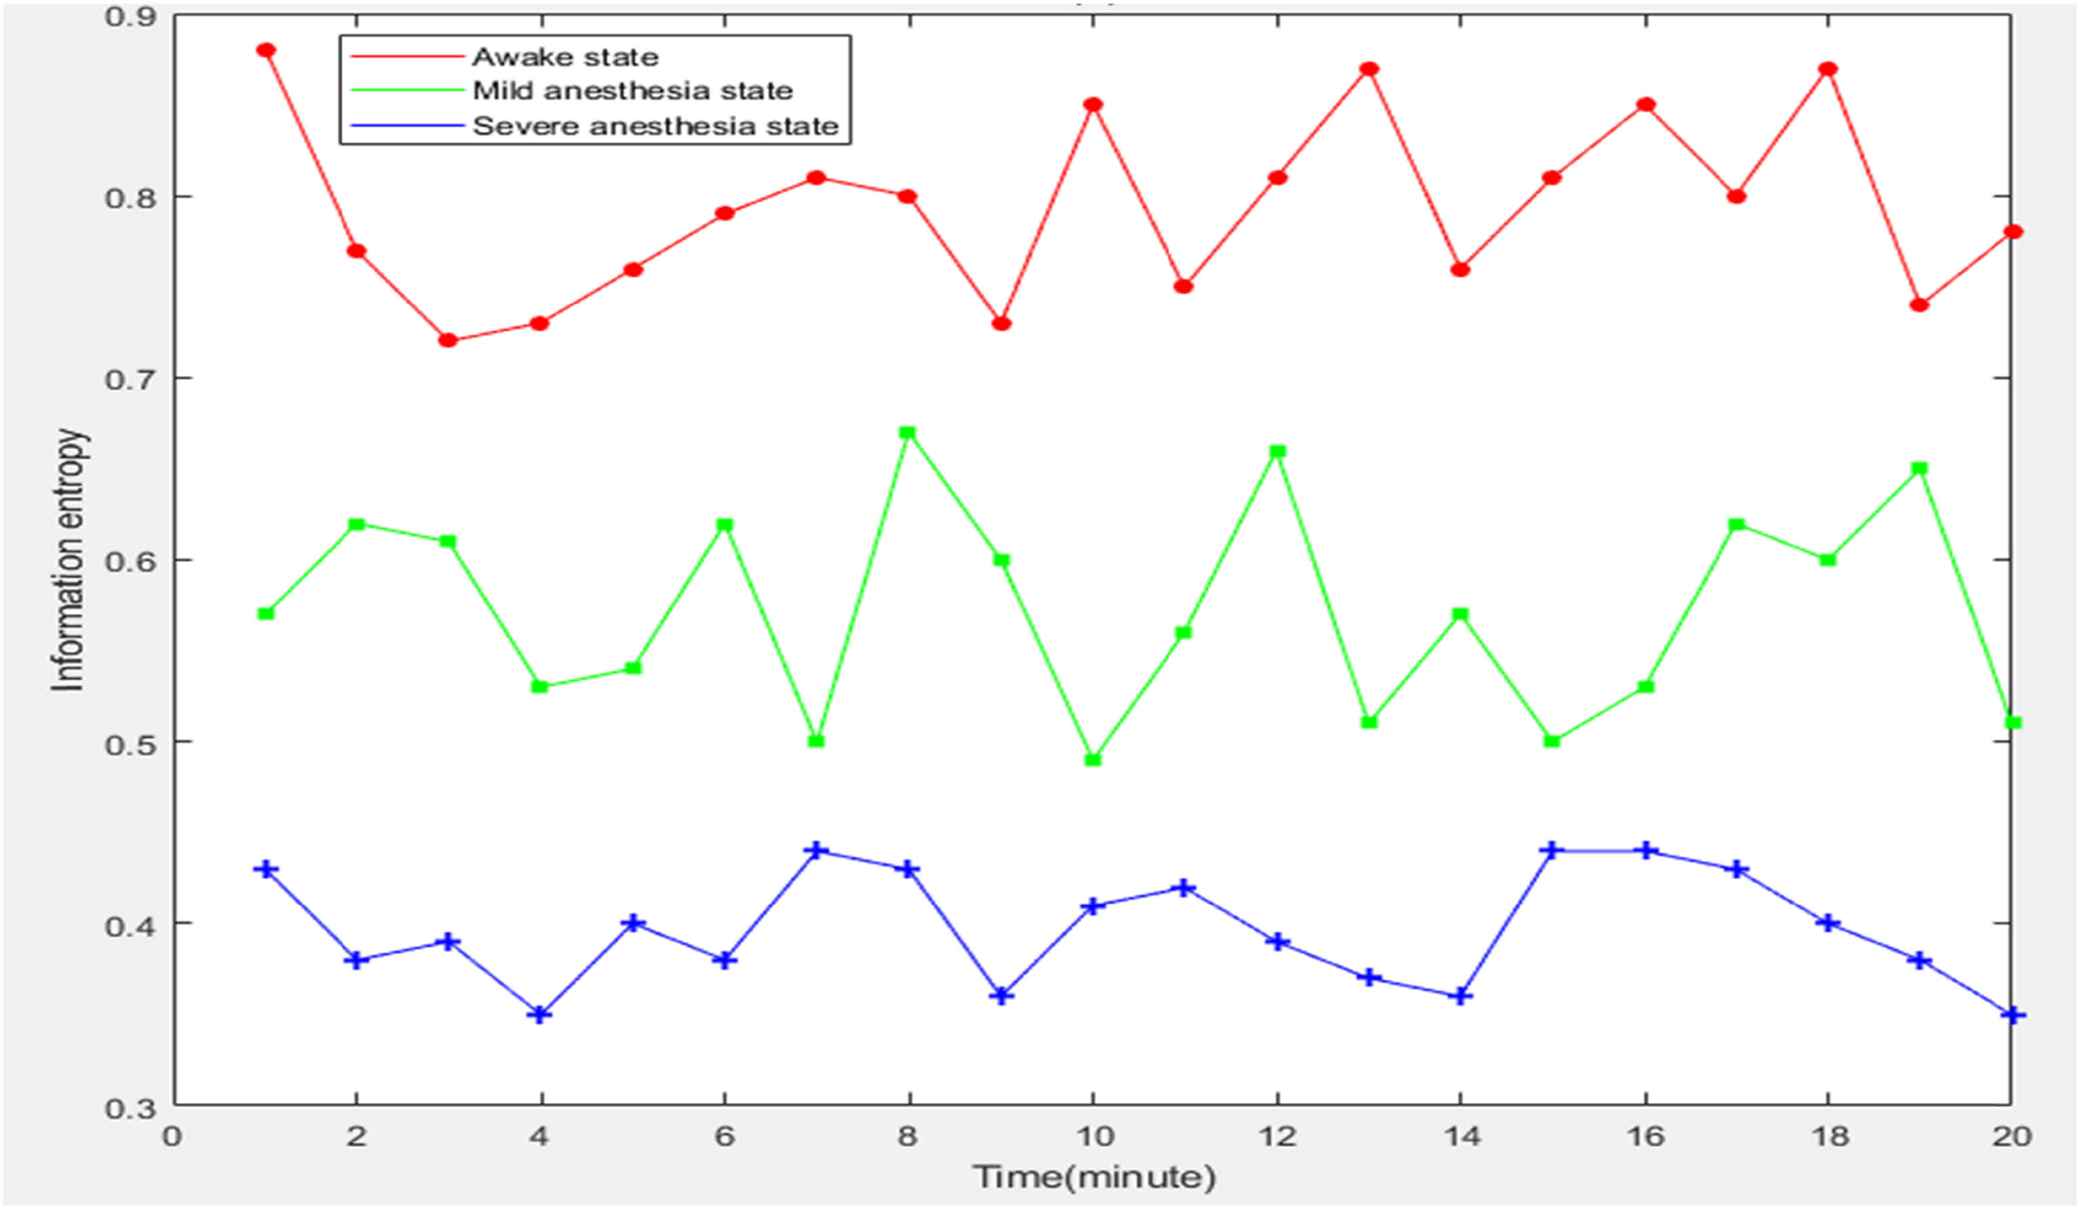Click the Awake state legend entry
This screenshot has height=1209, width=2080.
coord(565,57)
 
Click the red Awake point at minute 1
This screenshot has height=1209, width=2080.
coord(266,50)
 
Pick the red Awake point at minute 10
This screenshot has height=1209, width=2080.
coord(1093,105)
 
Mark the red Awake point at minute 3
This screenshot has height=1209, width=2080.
coord(448,340)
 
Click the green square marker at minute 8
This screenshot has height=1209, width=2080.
coord(907,433)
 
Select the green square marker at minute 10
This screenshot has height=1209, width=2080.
coord(1093,759)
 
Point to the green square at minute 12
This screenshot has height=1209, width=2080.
coord(1278,452)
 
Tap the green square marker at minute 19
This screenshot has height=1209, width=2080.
coord(1919,469)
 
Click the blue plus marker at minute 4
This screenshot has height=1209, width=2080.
coord(540,1014)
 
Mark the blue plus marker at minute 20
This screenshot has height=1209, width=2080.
coord(2012,1014)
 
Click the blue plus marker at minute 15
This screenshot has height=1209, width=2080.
coord(1552,851)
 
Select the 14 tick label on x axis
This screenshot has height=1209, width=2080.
coord(1461,1137)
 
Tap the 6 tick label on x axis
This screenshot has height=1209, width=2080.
coord(724,1137)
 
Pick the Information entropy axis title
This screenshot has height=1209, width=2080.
coord(68,560)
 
